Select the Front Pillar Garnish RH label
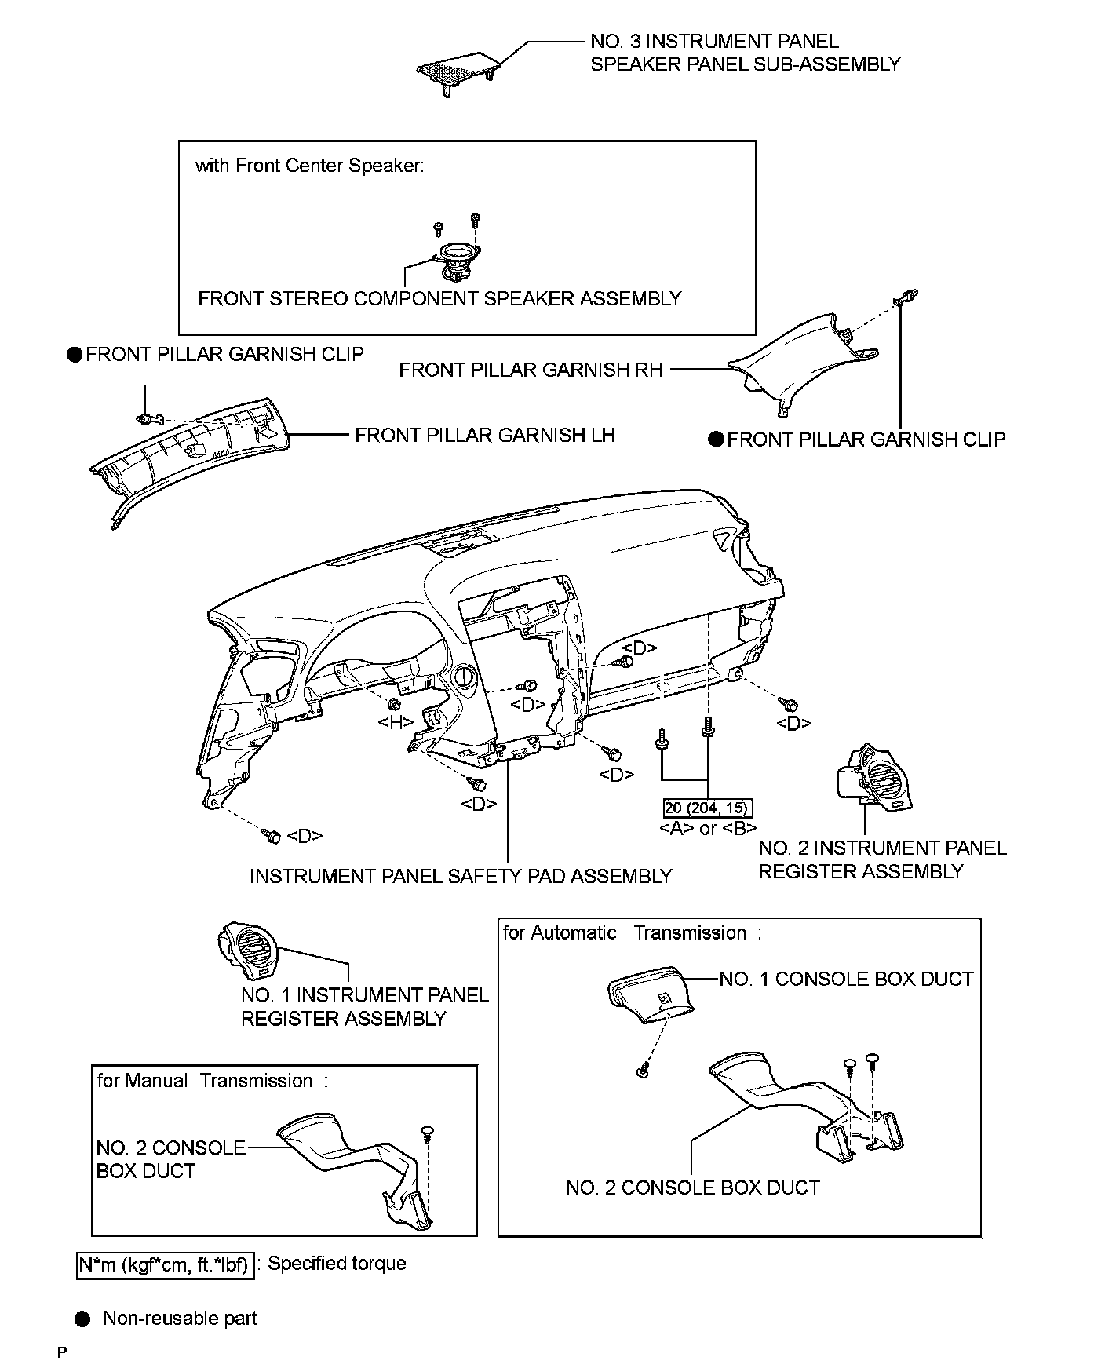point(531,370)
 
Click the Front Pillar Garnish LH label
point(484,435)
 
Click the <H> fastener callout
point(396,721)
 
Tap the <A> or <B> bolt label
point(708,828)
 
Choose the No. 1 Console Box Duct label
point(846,979)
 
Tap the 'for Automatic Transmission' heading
point(632,933)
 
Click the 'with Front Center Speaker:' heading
point(309,166)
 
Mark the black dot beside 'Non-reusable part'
point(82,1318)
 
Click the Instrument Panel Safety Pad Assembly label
point(461,876)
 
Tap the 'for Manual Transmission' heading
point(213,1081)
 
